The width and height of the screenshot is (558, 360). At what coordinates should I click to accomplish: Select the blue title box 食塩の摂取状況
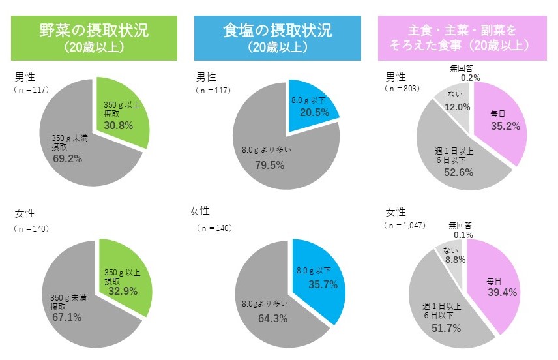pos(277,38)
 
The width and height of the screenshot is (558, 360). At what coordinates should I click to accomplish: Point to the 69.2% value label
pos(65,157)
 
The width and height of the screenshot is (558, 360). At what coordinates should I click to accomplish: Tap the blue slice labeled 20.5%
pos(312,104)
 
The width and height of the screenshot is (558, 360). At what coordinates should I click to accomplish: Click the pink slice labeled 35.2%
pos(499,121)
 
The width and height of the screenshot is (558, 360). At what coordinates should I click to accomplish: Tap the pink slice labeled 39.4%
pos(497,287)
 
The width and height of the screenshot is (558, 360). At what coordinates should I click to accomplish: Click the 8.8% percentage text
pos(450,260)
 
